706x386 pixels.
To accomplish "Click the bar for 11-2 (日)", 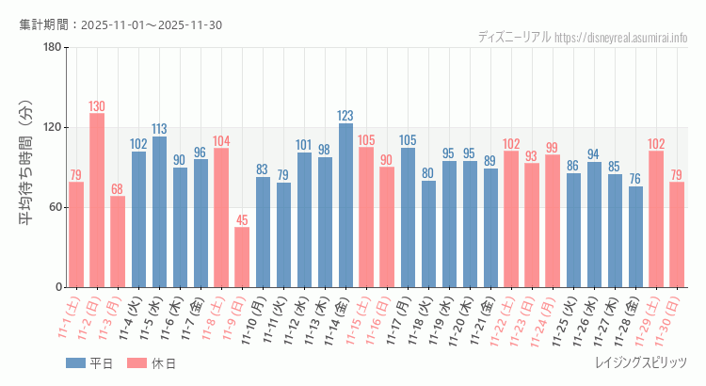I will tap(97, 201).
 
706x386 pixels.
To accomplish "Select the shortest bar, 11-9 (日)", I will tap(242, 257).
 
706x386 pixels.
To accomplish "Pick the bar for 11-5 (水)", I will tap(159, 212).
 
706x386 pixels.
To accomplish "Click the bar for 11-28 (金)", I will tap(635, 236).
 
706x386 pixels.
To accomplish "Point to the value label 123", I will tap(345, 116).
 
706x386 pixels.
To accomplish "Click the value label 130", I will tap(97, 106).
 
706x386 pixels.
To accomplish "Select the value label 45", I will tap(242, 220).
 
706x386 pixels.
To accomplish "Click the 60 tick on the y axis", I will tap(54, 207).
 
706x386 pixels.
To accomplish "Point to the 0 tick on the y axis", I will tap(57, 287).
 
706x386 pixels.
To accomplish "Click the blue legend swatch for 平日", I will tap(76, 363).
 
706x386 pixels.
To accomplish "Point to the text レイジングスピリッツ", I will tap(641, 363).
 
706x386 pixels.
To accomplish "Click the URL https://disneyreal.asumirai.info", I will tap(621, 37).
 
